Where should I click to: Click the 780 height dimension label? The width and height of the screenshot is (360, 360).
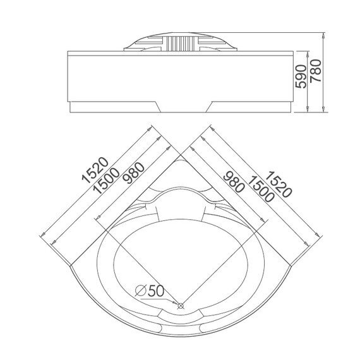(316, 71)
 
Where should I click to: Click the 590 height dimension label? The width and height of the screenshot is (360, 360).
(301, 76)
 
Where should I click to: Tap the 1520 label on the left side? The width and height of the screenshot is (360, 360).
(95, 170)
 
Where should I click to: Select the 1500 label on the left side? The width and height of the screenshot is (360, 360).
(106, 181)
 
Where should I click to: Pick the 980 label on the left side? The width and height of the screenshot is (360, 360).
(134, 173)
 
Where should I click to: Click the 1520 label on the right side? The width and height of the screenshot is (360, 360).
(279, 184)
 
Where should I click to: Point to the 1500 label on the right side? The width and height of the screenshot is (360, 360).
(261, 188)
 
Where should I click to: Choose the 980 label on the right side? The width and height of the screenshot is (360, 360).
(234, 182)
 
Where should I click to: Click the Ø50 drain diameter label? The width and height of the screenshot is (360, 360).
(150, 291)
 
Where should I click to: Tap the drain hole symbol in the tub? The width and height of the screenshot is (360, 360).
(181, 306)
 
